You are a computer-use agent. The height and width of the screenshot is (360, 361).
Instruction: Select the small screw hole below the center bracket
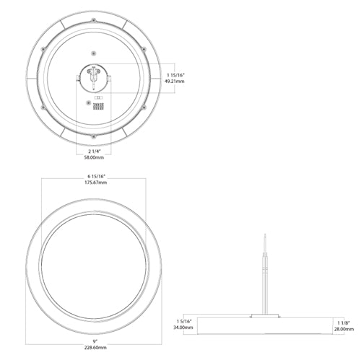(x=89, y=103)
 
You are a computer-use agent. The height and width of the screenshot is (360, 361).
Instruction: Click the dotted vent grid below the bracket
(x=101, y=105)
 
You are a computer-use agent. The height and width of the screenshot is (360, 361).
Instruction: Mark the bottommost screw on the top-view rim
(x=94, y=134)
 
